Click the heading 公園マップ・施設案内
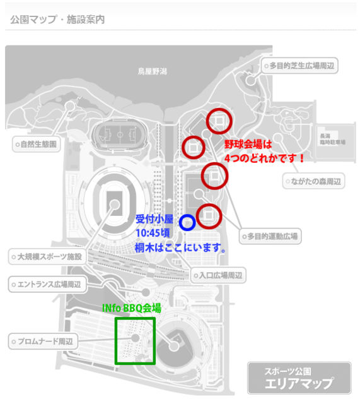click(57, 20)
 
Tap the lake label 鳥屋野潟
click(153, 71)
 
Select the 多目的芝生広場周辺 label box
click(299, 66)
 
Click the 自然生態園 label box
click(37, 144)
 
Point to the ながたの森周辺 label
click(313, 181)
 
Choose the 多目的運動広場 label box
click(270, 236)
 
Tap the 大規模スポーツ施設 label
click(47, 257)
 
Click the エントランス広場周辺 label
click(47, 285)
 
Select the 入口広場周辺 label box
click(218, 276)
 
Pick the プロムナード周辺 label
click(43, 342)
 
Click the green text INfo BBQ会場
click(132, 308)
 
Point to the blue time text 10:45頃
click(153, 233)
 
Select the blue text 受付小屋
click(154, 219)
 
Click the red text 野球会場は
click(248, 145)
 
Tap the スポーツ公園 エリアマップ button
click(299, 378)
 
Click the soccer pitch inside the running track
click(120, 134)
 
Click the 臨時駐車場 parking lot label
click(332, 142)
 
